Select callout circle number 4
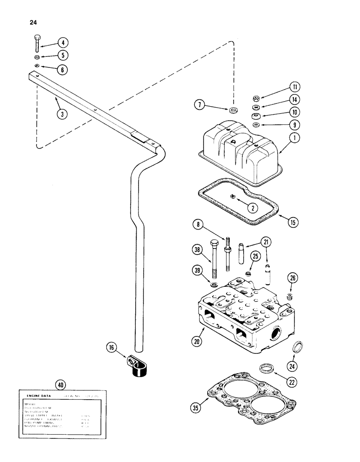63,43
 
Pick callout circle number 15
293,222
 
